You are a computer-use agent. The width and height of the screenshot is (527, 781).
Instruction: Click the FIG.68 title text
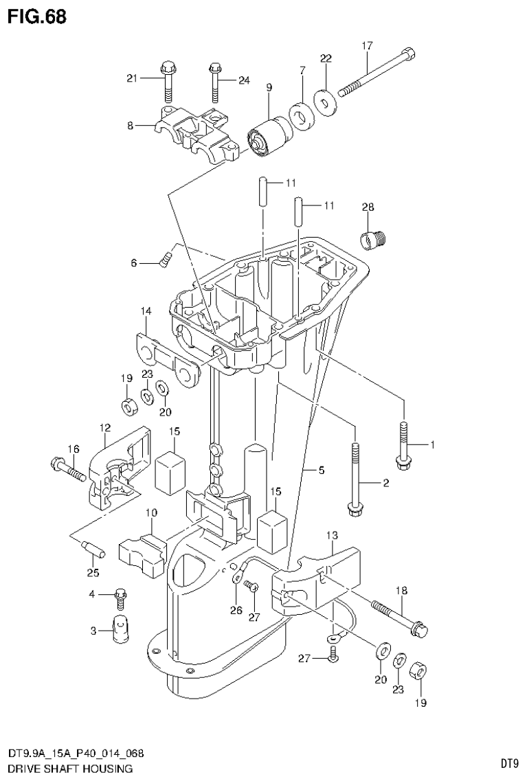(x=37, y=16)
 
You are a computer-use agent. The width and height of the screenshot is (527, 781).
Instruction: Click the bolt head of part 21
(x=167, y=67)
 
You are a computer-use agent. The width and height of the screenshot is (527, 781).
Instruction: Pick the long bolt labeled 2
(x=355, y=481)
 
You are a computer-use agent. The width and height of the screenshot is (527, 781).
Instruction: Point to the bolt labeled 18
(x=400, y=616)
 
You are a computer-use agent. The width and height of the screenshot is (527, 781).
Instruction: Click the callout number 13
(x=333, y=535)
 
